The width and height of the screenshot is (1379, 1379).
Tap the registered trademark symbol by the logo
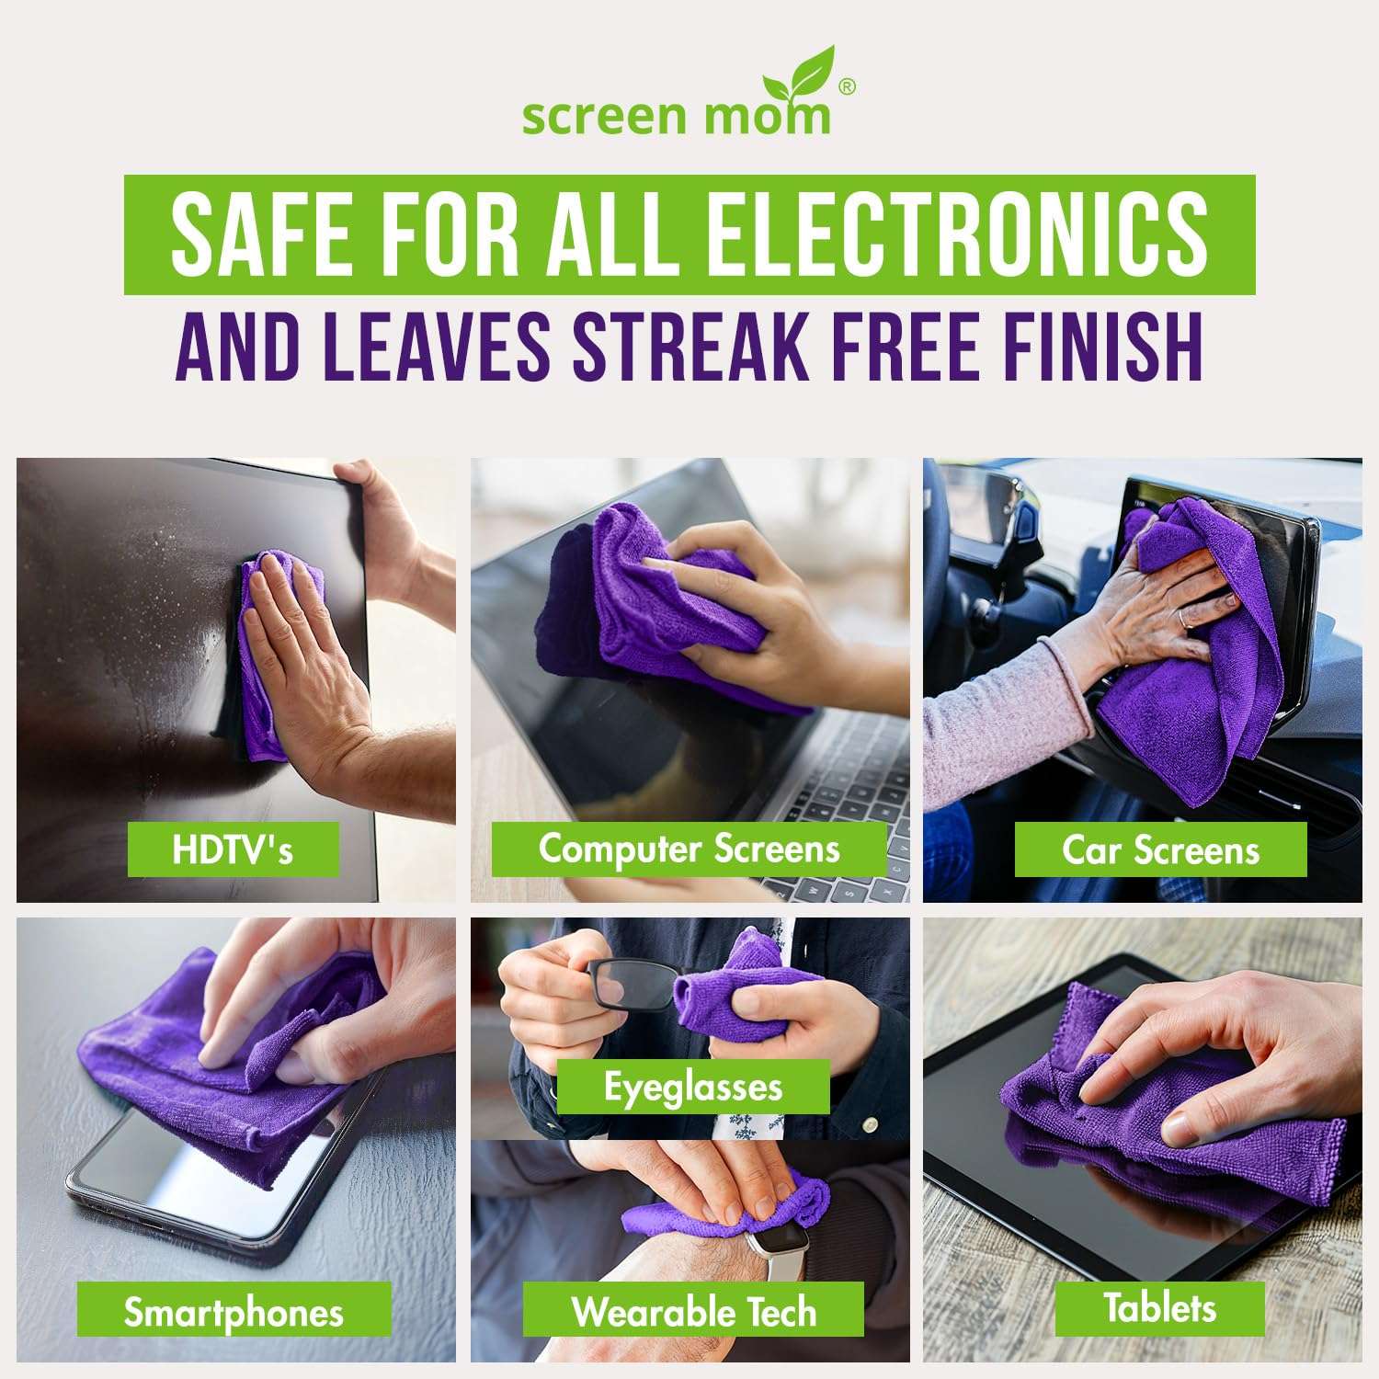847,86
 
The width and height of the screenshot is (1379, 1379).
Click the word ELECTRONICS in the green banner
956,234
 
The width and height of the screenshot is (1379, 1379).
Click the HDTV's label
233,849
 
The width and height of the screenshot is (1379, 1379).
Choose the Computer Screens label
689,849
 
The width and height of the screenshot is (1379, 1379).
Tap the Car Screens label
1160,849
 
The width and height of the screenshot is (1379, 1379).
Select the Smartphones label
234,1312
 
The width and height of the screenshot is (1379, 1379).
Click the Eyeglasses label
693,1087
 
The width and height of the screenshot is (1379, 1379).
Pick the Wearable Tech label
693,1311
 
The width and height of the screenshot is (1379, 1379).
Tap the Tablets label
1159,1306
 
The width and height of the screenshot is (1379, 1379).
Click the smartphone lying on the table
184,1186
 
